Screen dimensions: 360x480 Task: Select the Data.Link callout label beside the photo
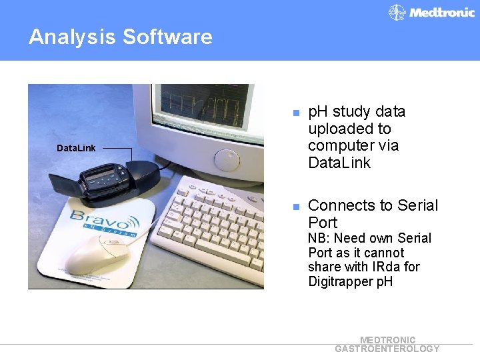(x=75, y=148)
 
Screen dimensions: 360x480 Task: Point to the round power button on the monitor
(x=227, y=160)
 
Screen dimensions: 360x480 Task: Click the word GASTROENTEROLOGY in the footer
(x=387, y=349)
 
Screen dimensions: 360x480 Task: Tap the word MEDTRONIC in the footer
(x=387, y=340)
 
